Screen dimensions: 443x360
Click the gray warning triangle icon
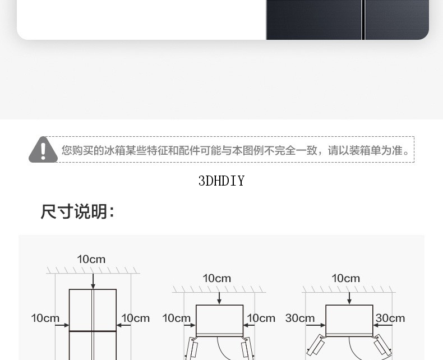(x=43, y=150)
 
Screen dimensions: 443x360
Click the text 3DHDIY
(x=221, y=181)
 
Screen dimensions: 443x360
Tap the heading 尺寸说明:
(x=78, y=211)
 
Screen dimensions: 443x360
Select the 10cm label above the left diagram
(x=91, y=259)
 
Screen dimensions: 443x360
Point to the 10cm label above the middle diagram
(x=216, y=278)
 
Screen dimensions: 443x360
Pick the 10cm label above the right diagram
(x=346, y=278)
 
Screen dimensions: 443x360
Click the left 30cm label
(x=300, y=318)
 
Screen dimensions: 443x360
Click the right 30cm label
(x=390, y=318)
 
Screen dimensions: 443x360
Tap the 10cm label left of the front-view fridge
(x=45, y=318)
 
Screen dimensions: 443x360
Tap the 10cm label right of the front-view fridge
(x=135, y=318)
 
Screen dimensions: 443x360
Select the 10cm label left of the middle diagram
(x=176, y=318)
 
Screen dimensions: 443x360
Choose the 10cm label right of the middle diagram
(x=261, y=318)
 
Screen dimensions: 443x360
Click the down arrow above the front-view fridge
(x=93, y=281)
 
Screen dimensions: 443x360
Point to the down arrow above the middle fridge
(x=219, y=298)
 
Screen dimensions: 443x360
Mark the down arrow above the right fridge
(x=349, y=298)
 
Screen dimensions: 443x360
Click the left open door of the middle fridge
(x=192, y=348)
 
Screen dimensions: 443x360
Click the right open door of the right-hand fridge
(x=382, y=344)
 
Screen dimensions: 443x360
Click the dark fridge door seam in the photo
(x=363, y=20)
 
